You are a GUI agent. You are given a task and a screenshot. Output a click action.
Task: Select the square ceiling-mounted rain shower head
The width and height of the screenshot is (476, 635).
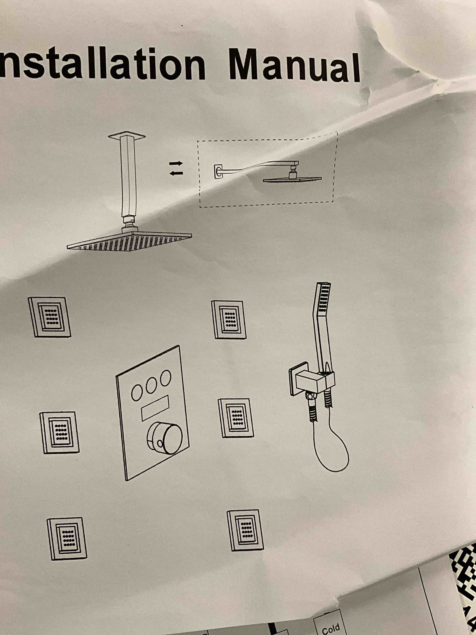coord(129,240)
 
